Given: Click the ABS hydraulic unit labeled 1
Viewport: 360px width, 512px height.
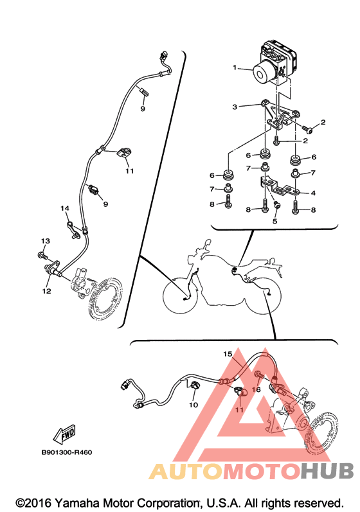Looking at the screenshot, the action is point(274,64).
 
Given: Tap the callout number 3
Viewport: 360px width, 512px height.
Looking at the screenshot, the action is point(235,107).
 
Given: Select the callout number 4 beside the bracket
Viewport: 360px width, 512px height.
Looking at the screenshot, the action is point(313,193).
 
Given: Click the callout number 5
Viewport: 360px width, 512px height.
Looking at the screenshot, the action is point(274,221).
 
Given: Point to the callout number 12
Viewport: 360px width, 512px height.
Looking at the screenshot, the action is point(46,290).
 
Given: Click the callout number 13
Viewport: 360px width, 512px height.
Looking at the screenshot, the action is point(46,241).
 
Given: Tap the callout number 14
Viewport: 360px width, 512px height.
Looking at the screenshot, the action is point(65,208).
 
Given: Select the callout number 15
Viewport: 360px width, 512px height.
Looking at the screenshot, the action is point(228,353).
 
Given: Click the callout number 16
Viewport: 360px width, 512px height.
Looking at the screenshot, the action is point(256,389).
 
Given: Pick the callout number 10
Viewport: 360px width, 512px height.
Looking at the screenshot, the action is point(194,405).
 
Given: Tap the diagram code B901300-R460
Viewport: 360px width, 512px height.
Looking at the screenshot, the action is point(67,452).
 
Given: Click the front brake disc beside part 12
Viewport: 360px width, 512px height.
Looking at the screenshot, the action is point(105,298).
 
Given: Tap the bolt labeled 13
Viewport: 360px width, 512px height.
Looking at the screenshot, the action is point(42,254).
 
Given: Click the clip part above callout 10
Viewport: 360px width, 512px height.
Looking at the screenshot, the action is point(195,385).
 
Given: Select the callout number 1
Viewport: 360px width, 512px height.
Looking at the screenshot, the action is point(235,67).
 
